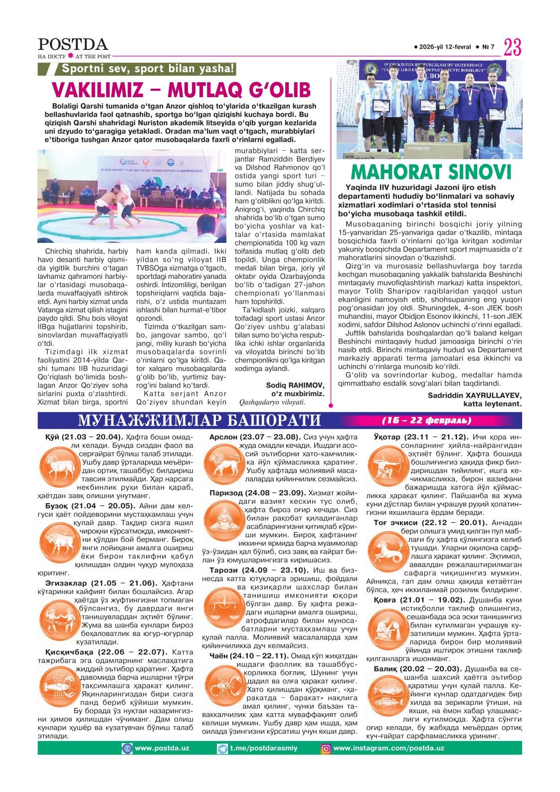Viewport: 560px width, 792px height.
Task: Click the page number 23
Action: click(512, 48)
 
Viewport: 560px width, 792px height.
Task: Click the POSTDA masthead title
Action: click(73, 44)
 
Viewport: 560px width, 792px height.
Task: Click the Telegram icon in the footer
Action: click(222, 748)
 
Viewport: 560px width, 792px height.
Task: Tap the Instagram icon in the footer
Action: click(326, 748)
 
